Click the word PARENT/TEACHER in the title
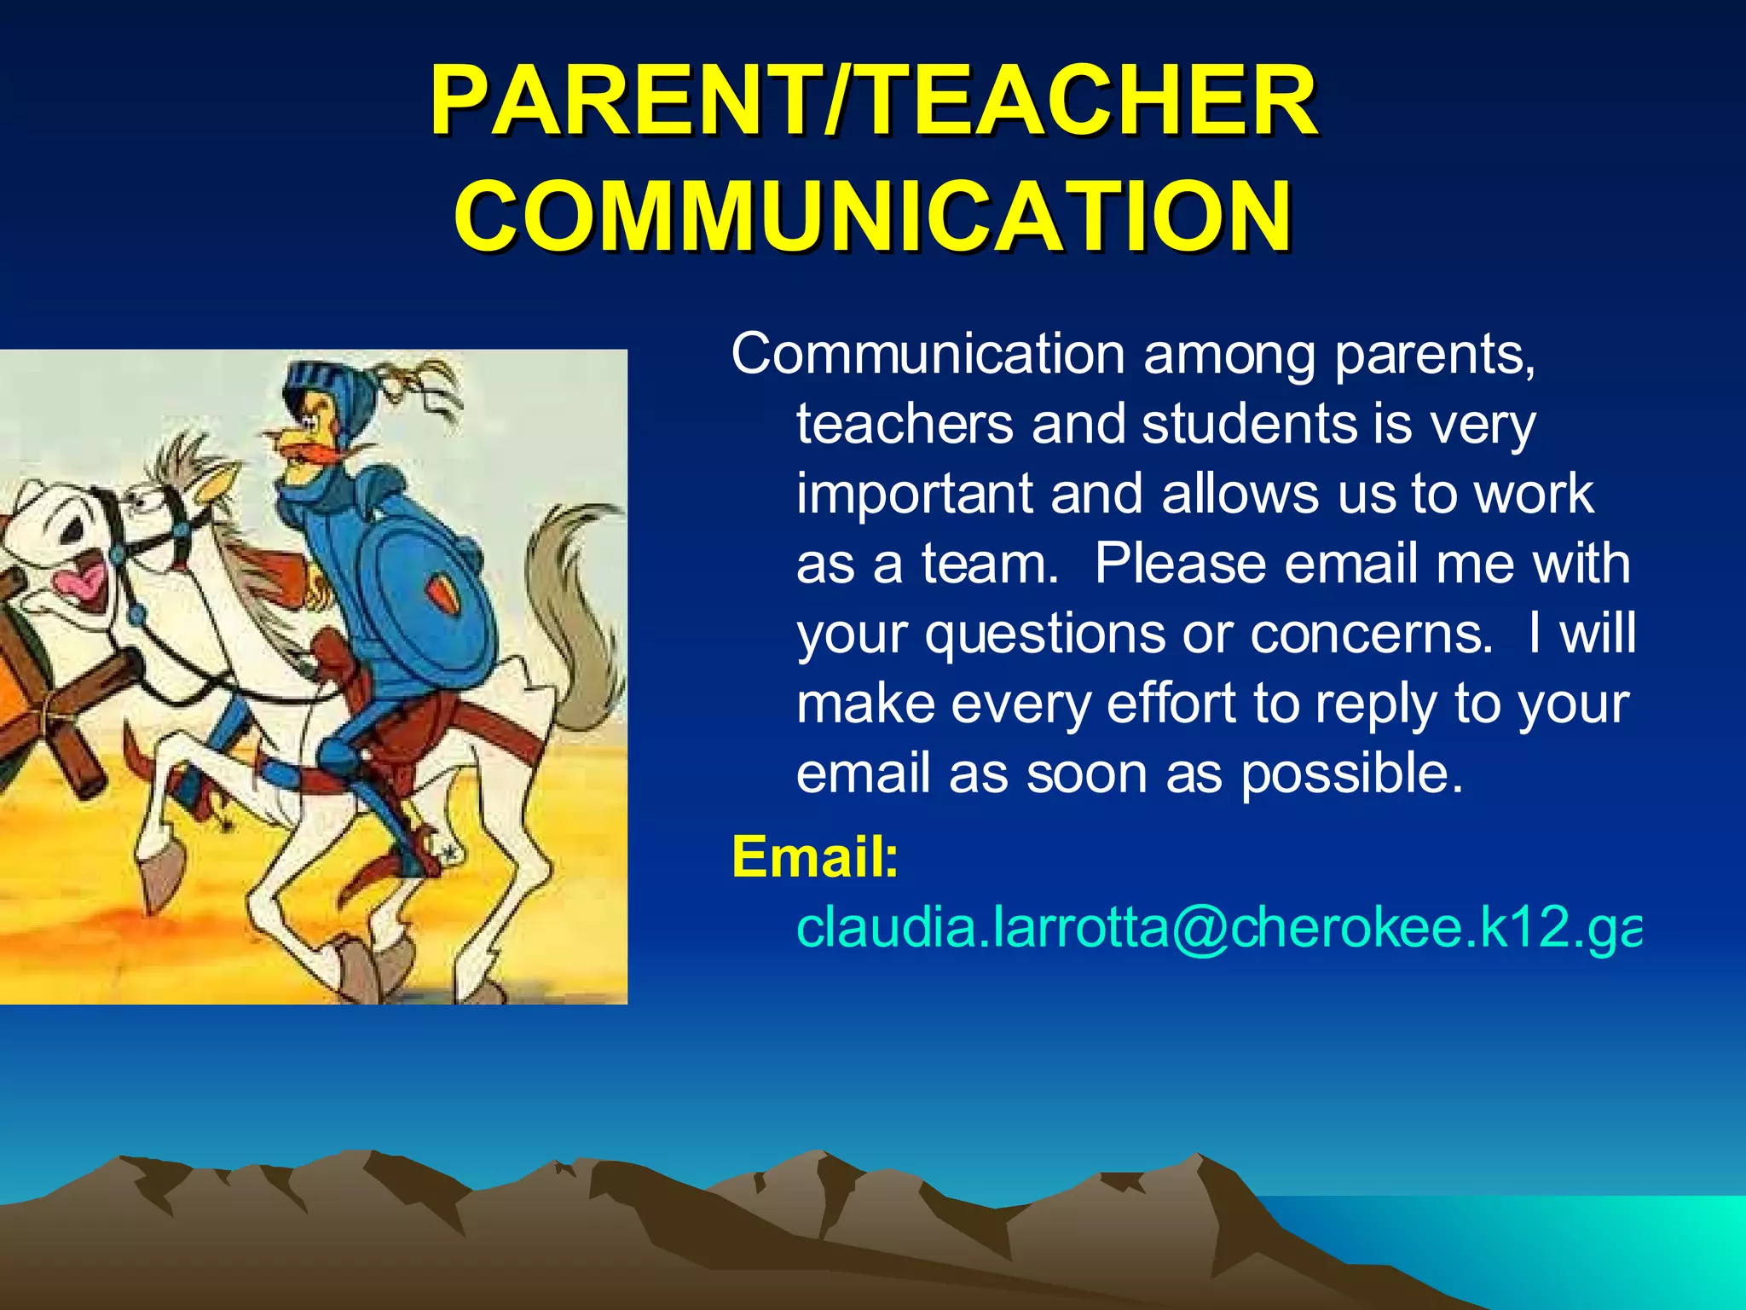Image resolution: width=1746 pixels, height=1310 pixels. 873,102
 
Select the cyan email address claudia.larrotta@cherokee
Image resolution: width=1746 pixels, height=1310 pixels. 1217,927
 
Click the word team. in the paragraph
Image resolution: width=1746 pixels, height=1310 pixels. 990,564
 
